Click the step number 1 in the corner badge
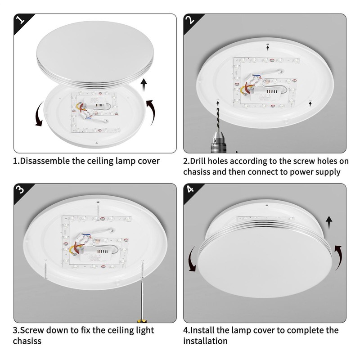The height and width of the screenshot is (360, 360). pyautogui.click(x=21, y=20)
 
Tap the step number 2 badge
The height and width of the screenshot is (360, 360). pyautogui.click(x=191, y=20)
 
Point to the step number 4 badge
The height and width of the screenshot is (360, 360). pyautogui.click(x=190, y=189)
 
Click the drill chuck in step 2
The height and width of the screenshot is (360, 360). pyautogui.click(x=217, y=141)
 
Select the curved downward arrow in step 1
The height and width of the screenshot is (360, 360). pyautogui.click(x=39, y=114)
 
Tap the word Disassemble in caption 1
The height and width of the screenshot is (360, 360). pyautogui.click(x=45, y=161)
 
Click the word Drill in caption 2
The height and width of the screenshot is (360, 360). pyautogui.click(x=198, y=161)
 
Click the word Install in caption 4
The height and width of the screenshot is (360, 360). pyautogui.click(x=202, y=330)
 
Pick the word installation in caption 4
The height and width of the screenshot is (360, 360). pyautogui.click(x=205, y=341)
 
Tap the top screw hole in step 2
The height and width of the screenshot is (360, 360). pyautogui.click(x=267, y=44)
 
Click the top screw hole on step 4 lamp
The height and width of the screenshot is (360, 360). pyautogui.click(x=266, y=205)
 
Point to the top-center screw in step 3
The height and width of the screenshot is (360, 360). pyautogui.click(x=98, y=211)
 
